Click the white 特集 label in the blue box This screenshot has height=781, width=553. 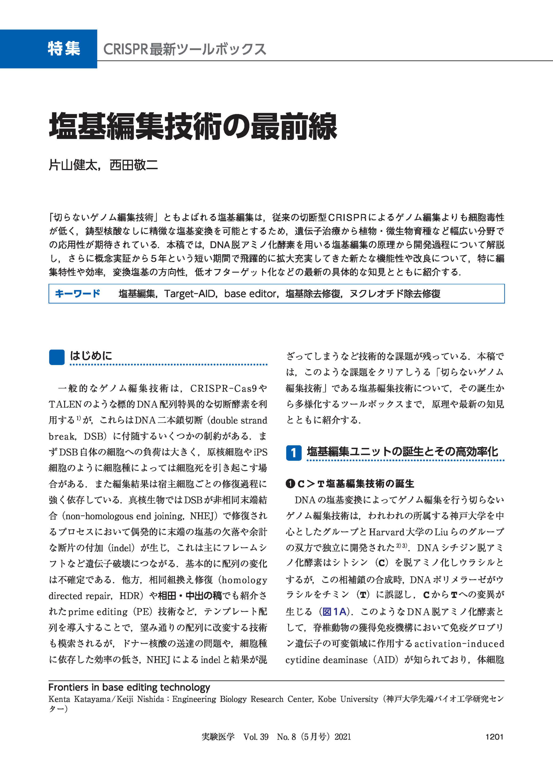[64, 49]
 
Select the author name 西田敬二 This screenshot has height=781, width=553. [134, 165]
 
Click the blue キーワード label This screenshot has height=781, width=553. [77, 293]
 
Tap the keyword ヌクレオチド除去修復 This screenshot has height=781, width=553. [395, 294]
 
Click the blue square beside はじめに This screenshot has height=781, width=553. [56, 357]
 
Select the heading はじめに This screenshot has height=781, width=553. [91, 356]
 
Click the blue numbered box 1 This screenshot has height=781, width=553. [294, 453]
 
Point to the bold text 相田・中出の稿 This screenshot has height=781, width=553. [190, 596]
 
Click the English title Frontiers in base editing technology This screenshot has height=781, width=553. [129, 687]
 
